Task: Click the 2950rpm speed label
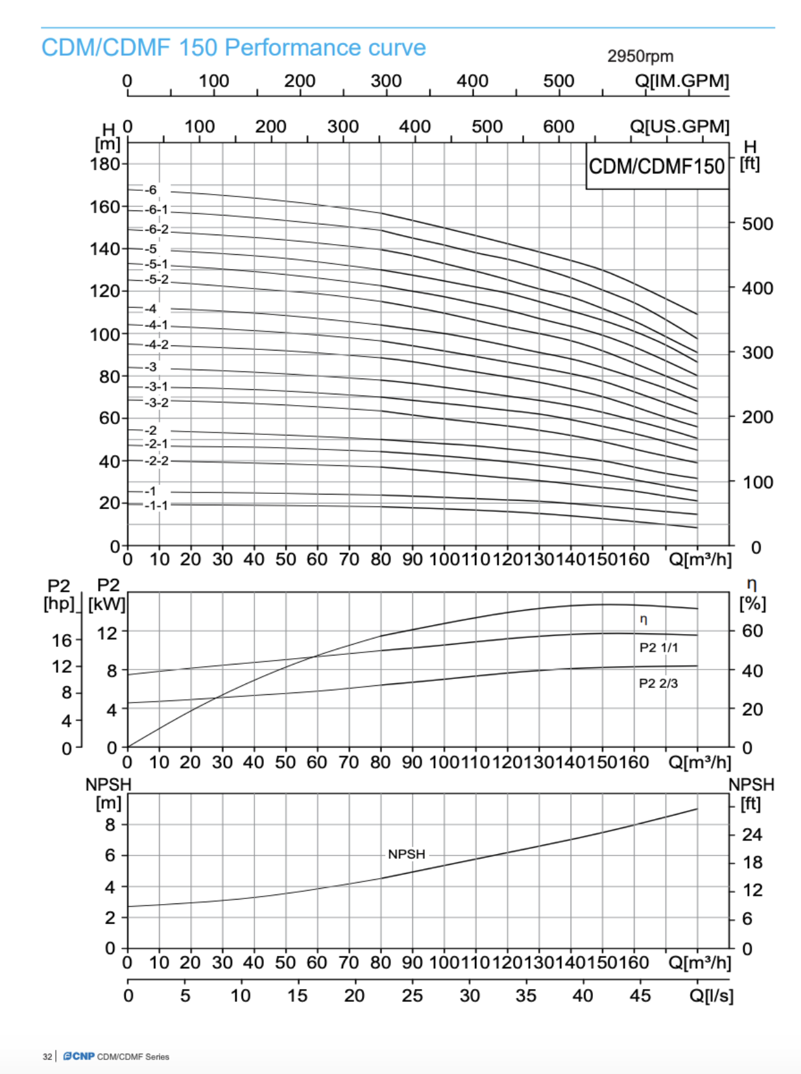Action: point(640,56)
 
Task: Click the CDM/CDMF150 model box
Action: point(656,166)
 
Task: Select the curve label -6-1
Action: point(156,210)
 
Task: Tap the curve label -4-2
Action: point(156,345)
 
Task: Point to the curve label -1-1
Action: point(156,505)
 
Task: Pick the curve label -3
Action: point(150,367)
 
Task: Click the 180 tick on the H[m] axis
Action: point(105,164)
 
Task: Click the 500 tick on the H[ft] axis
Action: point(757,224)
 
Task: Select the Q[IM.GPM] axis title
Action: point(682,81)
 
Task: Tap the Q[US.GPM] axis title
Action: point(679,126)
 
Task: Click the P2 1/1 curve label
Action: point(658,647)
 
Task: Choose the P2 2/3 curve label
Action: point(658,683)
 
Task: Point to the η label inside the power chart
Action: point(643,619)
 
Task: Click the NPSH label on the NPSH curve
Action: point(407,854)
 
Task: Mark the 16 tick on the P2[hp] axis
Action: point(62,640)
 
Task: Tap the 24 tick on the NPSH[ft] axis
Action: point(752,834)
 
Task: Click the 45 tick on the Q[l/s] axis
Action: point(640,995)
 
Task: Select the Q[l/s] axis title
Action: point(711,995)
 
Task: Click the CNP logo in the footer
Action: point(79,1056)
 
